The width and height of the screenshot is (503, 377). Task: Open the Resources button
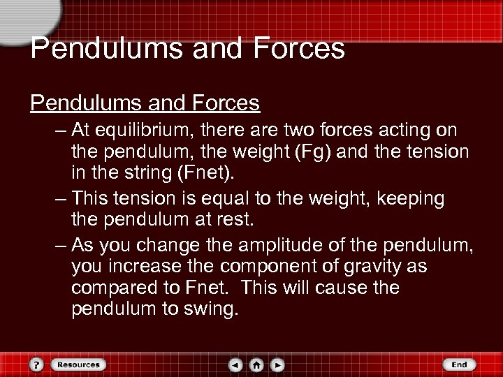click(x=78, y=364)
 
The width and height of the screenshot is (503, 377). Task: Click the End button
click(x=458, y=364)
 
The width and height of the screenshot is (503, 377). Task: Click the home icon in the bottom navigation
click(x=257, y=364)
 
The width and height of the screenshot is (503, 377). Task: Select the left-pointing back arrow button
click(x=237, y=364)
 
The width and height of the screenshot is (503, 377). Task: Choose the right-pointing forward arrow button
click(x=277, y=364)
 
